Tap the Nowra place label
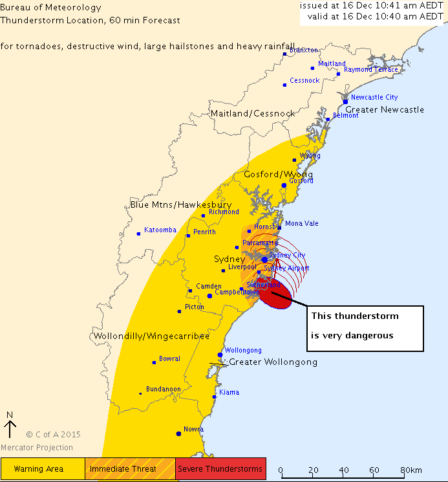[193, 429]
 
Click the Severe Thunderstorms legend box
[220, 468]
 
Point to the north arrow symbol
[10, 428]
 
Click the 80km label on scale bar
[412, 470]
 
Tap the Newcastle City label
[374, 97]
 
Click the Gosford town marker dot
[284, 185]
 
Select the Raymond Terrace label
[371, 69]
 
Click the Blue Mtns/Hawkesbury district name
[181, 204]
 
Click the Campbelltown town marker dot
[209, 296]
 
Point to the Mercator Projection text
[37, 448]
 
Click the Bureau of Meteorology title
[51, 8]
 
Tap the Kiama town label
[229, 392]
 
